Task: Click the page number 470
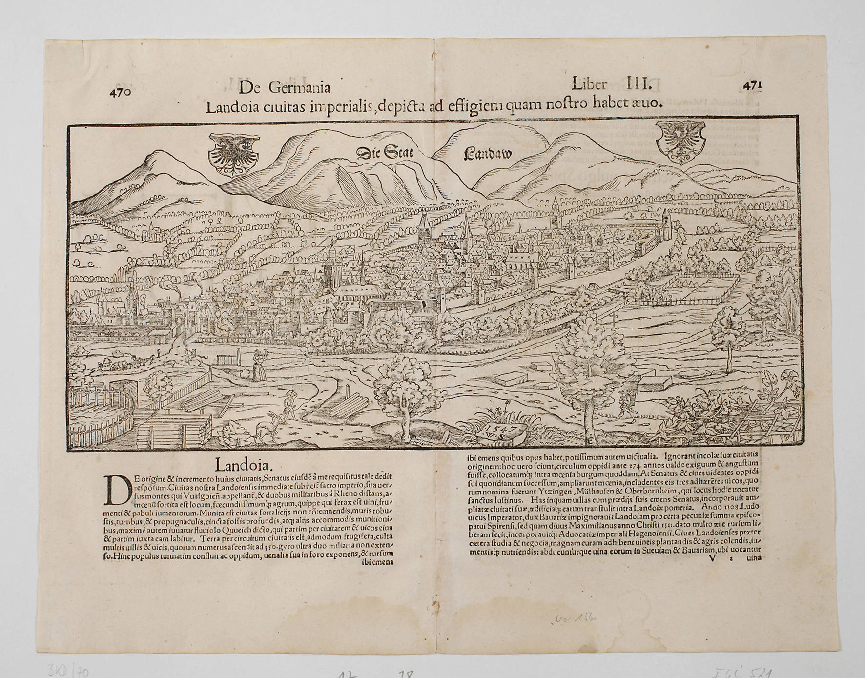pyautogui.click(x=121, y=92)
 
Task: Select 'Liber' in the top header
pyautogui.click(x=589, y=84)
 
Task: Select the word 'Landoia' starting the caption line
pyautogui.click(x=232, y=107)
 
